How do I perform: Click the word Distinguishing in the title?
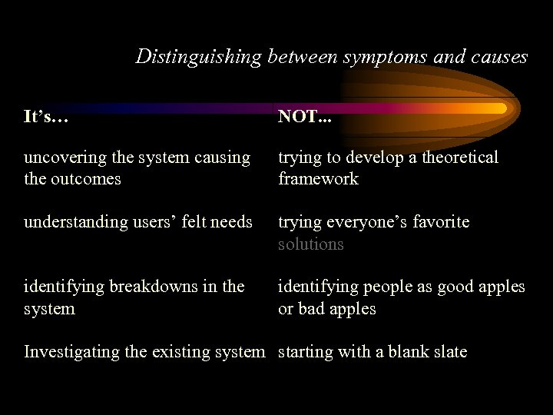pyautogui.click(x=199, y=57)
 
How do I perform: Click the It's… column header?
pyautogui.click(x=46, y=117)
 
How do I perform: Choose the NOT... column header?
pyautogui.click(x=305, y=117)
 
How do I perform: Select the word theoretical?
pyautogui.click(x=456, y=158)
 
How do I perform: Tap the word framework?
pyautogui.click(x=318, y=179)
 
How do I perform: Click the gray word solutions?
pyautogui.click(x=310, y=244)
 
